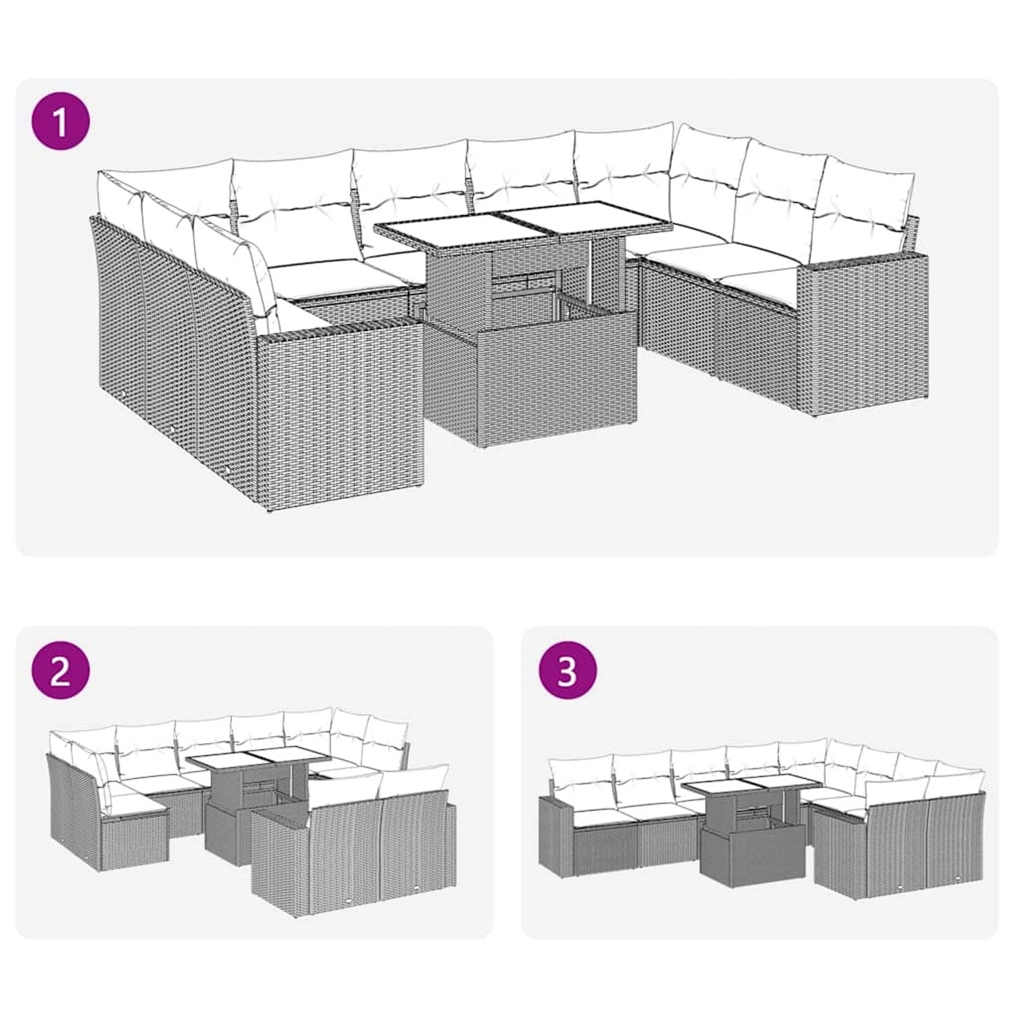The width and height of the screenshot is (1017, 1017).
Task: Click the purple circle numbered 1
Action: [61, 122]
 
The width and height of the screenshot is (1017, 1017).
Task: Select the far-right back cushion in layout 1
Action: [871, 197]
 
